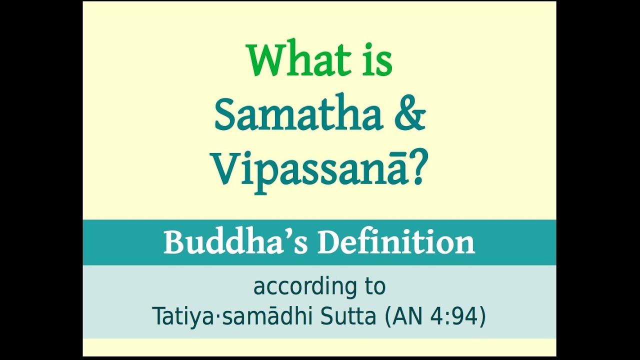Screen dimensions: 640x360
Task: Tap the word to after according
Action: pos(375,286)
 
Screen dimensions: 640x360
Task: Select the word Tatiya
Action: pos(182,317)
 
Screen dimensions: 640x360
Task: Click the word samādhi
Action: pos(268,316)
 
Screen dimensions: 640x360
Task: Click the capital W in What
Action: pos(266,60)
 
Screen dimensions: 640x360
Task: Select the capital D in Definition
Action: pos(330,242)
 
